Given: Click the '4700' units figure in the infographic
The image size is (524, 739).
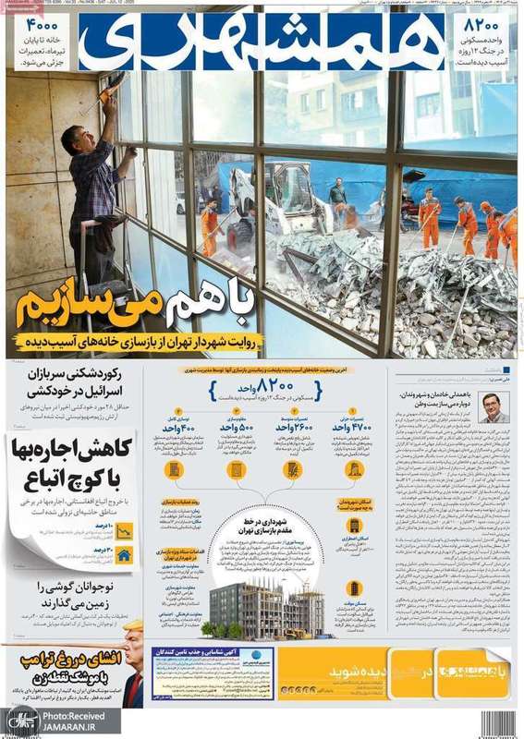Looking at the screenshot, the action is tap(352, 427).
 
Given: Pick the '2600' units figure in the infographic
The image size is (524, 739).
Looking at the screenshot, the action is tap(292, 427).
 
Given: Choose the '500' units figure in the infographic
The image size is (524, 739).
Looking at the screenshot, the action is tap(237, 427).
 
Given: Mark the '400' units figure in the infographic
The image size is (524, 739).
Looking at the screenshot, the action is tap(184, 427).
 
